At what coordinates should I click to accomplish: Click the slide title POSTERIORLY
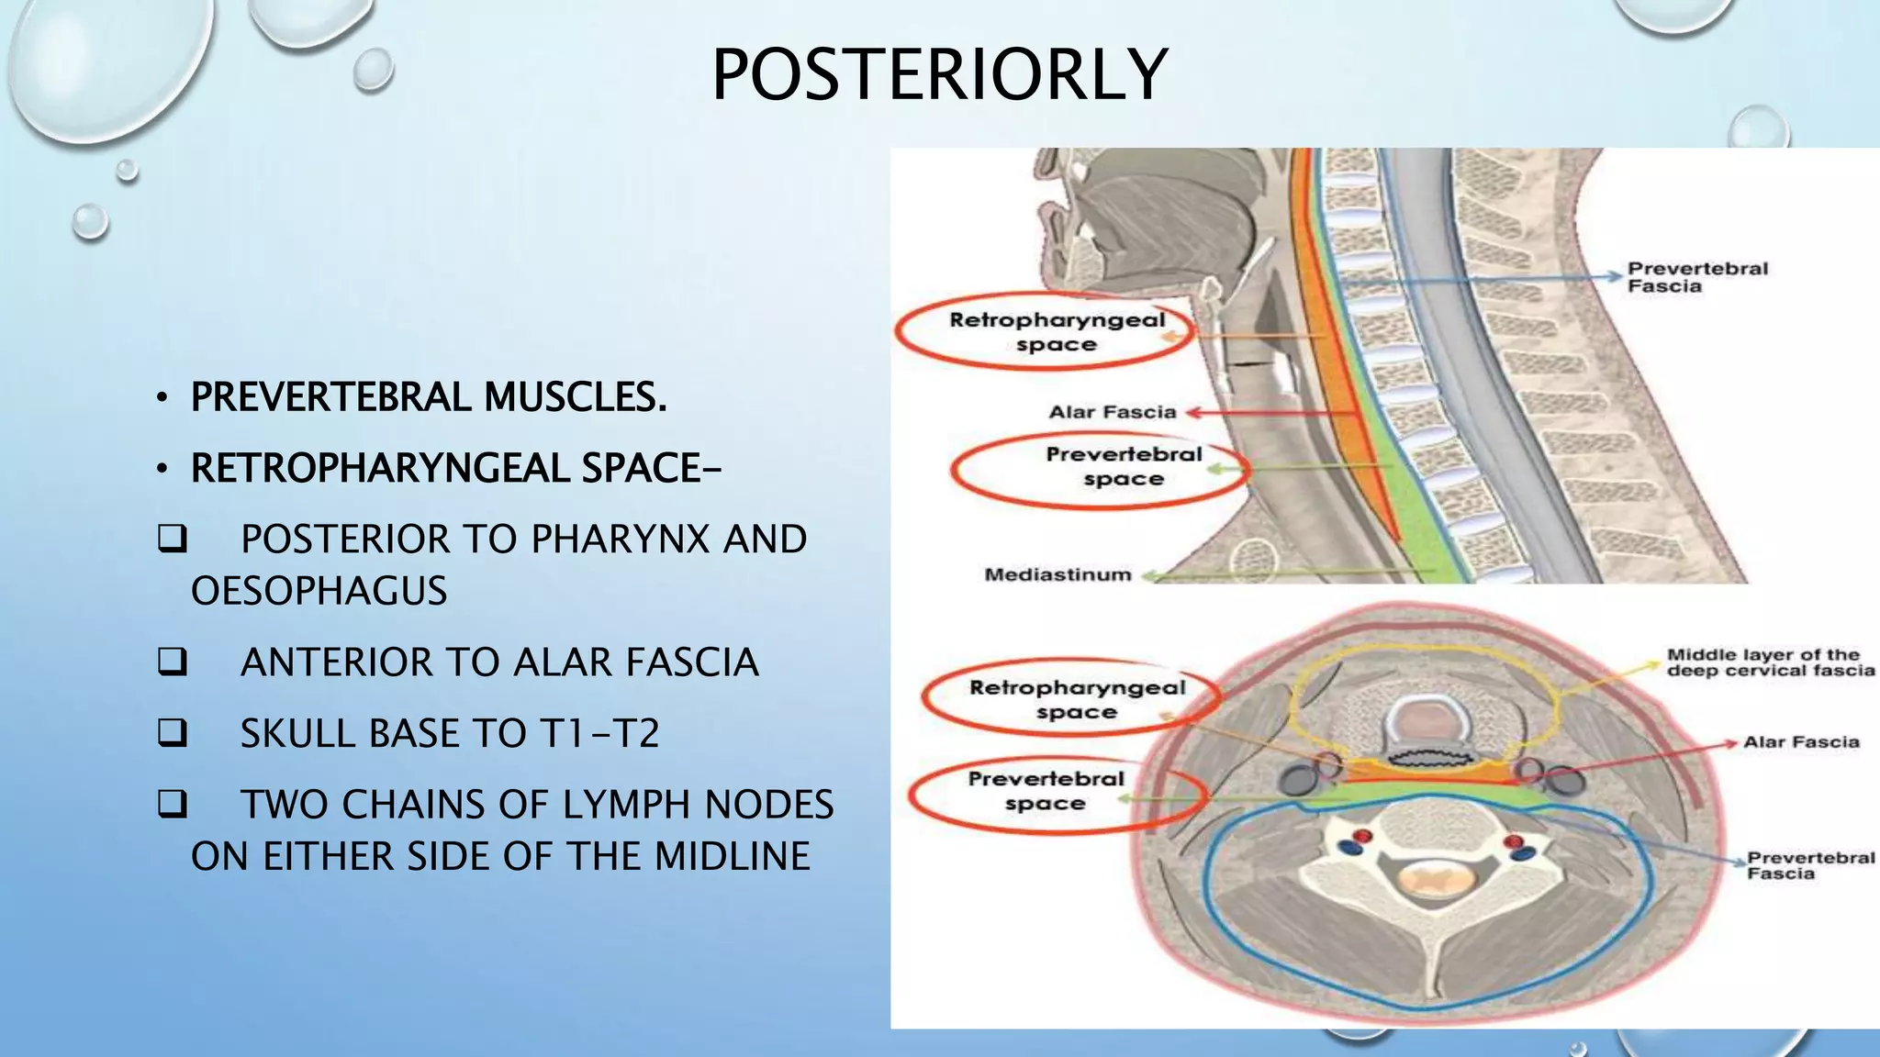click(939, 75)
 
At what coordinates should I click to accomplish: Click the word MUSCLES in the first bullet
click(575, 397)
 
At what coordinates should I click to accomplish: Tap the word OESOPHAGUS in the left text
click(319, 591)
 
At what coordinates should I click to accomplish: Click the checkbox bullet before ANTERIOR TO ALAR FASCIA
click(172, 662)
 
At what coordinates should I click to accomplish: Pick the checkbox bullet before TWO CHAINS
click(172, 805)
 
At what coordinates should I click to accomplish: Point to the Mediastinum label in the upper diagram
click(1057, 575)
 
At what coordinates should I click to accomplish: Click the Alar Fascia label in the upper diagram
click(1112, 413)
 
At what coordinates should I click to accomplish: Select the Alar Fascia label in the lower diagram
click(1800, 742)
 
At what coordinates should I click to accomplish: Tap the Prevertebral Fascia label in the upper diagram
click(1696, 277)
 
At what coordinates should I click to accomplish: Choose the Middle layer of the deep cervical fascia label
click(1770, 662)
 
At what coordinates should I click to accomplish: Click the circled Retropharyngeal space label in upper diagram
click(1056, 332)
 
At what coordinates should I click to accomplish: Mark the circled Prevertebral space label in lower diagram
click(1046, 791)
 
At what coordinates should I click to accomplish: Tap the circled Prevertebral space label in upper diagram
click(1123, 466)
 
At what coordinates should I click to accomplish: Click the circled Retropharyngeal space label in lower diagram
click(1076, 699)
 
